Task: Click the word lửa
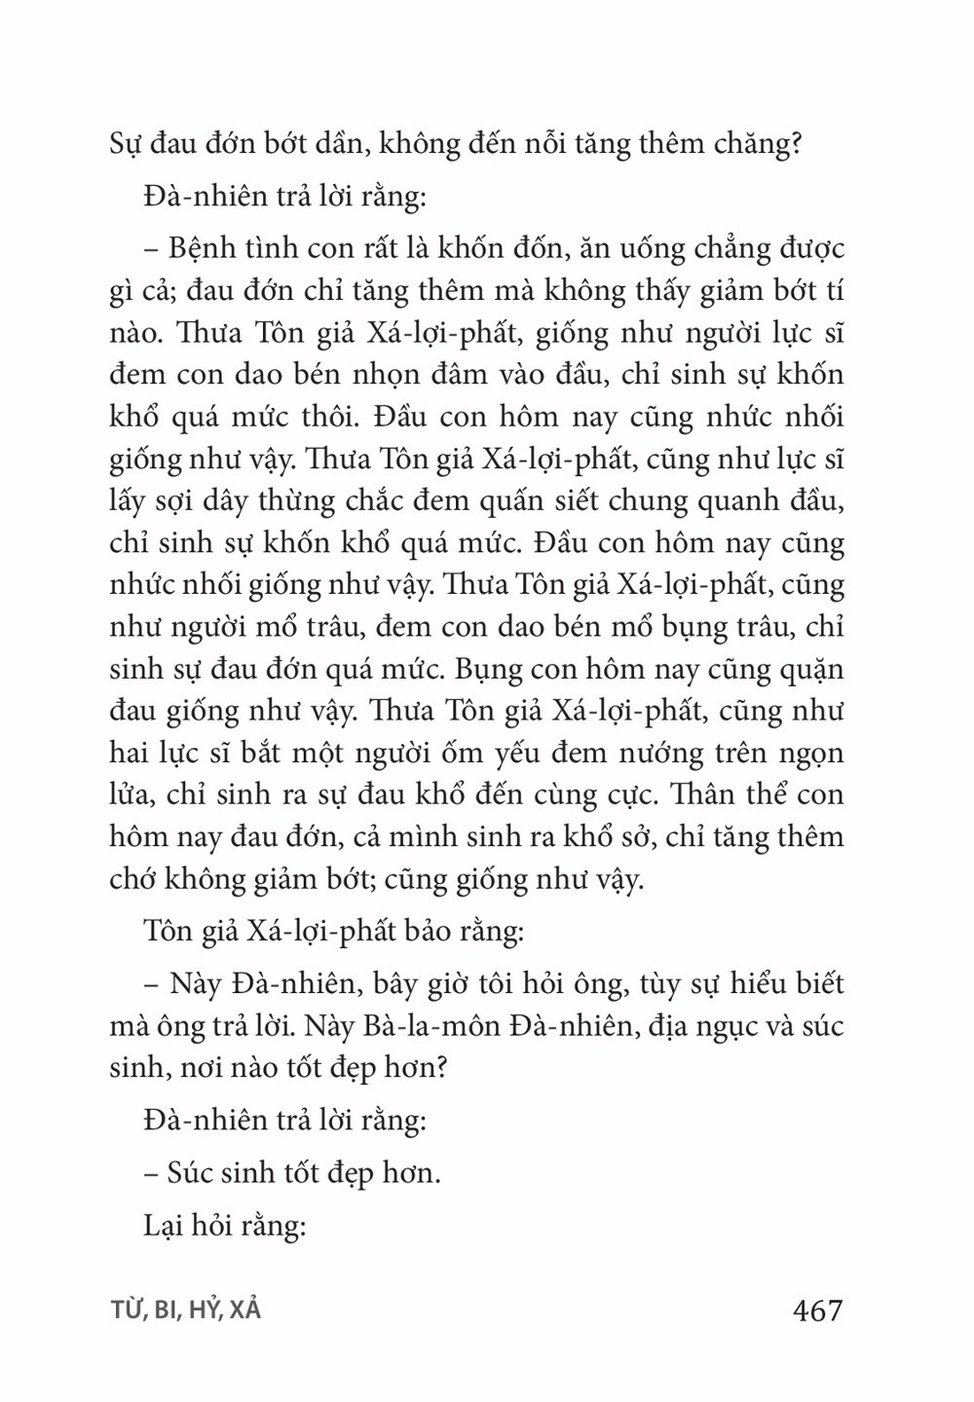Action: click(136, 795)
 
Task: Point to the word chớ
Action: click(136, 880)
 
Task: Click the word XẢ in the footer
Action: click(246, 1310)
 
